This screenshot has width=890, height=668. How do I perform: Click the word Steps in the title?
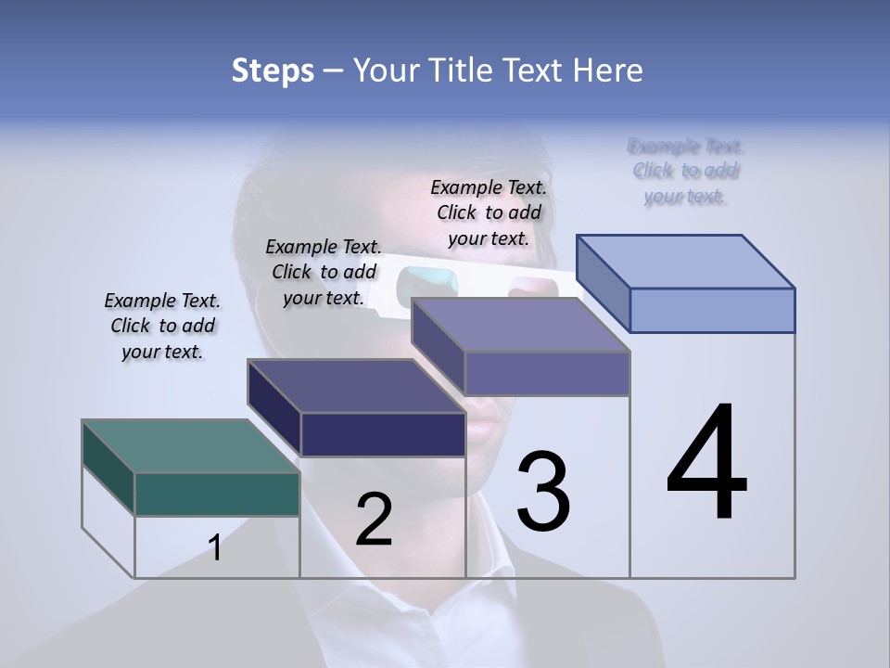273,71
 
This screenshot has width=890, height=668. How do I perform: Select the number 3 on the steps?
543,492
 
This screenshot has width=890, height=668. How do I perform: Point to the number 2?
374,520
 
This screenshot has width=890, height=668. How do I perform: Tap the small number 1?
215,548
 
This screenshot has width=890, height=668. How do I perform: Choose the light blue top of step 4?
686,261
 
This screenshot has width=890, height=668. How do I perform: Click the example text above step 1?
162,326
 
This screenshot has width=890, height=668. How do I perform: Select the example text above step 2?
324,272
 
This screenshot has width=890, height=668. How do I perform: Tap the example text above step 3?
489,212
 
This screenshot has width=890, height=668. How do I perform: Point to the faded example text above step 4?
686,171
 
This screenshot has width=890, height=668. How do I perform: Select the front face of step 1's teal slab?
217,494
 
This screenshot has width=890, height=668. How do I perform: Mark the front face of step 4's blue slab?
712,310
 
